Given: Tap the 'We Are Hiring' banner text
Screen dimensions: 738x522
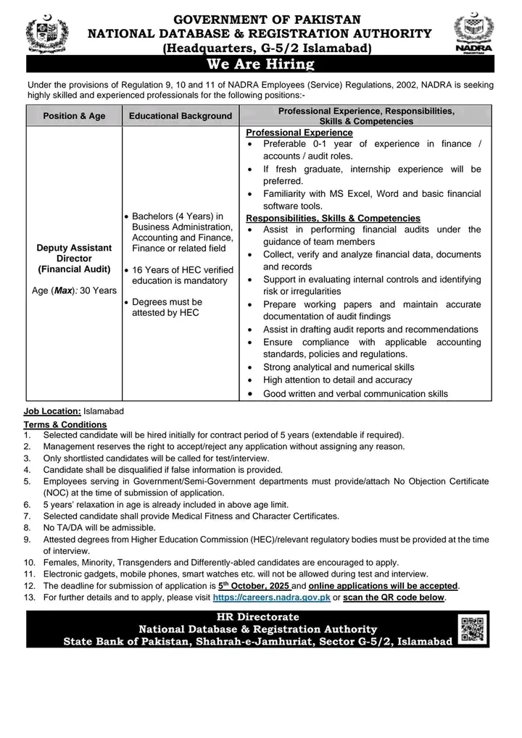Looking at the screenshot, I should click(x=260, y=65).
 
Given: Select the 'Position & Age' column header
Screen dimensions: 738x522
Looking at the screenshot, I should click(x=74, y=116).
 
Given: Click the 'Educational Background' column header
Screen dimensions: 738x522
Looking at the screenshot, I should click(x=181, y=116).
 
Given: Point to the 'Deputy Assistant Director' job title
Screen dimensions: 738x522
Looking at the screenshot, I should click(x=74, y=253).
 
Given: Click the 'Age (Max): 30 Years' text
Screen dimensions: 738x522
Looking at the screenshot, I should click(x=74, y=290).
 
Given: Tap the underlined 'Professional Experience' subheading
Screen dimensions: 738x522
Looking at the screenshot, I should click(x=299, y=133).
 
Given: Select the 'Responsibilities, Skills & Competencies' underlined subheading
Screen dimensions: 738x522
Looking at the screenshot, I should click(x=333, y=218).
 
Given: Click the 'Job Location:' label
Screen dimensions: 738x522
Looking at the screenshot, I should click(x=52, y=411).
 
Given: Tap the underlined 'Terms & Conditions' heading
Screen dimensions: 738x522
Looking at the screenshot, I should click(x=65, y=424).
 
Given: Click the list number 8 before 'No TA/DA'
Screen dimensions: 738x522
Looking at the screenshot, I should click(x=27, y=528).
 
